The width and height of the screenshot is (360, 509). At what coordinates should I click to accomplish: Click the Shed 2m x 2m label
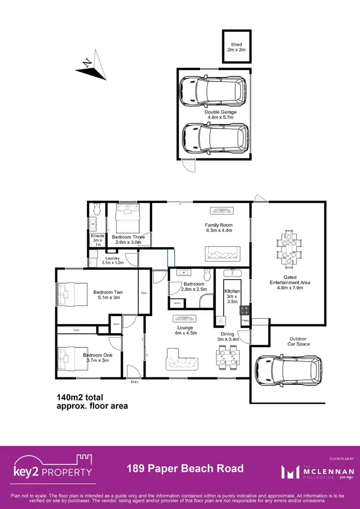pyautogui.click(x=237, y=47)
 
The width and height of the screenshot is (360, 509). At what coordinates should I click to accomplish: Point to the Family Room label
pyautogui.click(x=218, y=228)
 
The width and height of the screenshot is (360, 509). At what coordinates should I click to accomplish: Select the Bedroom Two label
pyautogui.click(x=108, y=295)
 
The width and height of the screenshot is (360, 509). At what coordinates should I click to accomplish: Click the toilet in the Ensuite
pyautogui.click(x=97, y=210)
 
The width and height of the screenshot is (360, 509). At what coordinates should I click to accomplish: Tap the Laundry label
pyautogui.click(x=113, y=260)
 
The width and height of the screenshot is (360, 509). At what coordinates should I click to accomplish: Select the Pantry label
pyautogui.click(x=245, y=320)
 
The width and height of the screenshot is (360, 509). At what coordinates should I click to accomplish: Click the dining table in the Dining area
pyautogui.click(x=227, y=359)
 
